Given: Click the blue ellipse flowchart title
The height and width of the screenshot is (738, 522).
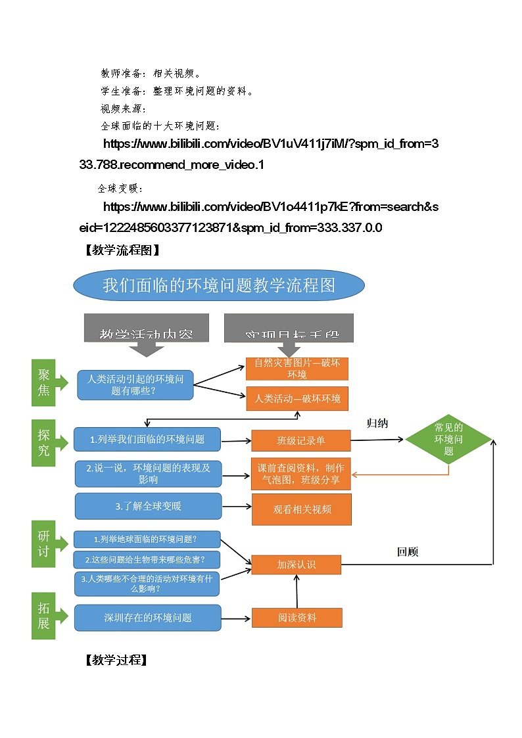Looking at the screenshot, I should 219,285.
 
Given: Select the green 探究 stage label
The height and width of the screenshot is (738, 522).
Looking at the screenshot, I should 44,442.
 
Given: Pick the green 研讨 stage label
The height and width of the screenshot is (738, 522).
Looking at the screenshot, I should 44,543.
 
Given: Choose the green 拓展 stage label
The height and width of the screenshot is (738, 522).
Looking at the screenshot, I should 44,615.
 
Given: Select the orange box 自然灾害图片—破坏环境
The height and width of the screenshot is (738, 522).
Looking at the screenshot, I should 297,369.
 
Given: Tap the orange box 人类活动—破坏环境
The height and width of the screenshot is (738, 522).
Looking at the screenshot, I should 297,399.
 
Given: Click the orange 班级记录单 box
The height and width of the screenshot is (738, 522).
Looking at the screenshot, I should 300,440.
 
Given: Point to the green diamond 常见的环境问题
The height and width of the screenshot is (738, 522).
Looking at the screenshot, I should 448,439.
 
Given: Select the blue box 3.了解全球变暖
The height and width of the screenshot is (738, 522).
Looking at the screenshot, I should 148,506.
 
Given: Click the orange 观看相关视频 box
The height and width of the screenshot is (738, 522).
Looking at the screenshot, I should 302,509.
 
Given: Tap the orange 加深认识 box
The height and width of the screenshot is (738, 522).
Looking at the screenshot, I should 297,565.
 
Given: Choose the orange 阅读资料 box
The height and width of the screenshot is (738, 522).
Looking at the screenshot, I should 297,618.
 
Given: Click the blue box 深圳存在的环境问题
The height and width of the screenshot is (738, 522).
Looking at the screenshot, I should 148,618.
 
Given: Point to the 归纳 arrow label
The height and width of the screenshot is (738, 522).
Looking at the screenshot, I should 377,424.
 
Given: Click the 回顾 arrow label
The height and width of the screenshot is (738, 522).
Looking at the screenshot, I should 408,552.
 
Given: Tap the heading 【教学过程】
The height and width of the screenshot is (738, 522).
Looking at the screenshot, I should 116,660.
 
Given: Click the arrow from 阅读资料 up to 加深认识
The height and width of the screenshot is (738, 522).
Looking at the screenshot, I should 297,591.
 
